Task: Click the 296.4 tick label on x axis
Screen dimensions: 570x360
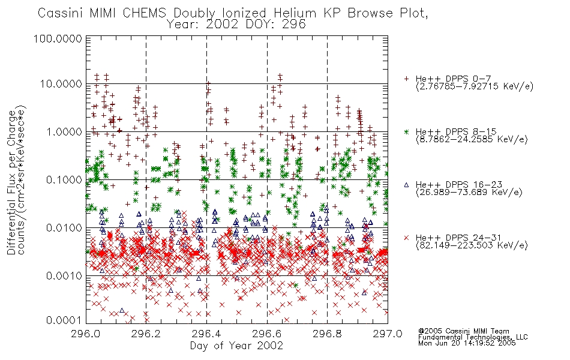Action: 206,334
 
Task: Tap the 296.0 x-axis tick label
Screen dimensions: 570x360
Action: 85,334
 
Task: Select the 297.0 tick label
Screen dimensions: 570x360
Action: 388,334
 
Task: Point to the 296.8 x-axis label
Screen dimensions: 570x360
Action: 327,334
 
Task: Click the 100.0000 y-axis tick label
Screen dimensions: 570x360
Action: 58,38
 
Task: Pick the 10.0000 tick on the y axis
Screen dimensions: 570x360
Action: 61,84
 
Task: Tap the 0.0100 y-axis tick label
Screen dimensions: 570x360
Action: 64,228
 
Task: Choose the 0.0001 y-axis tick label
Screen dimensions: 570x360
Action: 64,320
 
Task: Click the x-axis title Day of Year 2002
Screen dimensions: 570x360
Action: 236,346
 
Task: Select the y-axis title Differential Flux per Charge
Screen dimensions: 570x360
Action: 11,182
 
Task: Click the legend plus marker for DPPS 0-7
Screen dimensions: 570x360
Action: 406,79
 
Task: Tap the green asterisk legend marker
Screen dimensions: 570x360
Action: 406,131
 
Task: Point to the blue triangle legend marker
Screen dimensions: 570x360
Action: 406,185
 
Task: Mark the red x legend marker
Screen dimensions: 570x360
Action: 406,238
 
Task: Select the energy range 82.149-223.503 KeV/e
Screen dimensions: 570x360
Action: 472,245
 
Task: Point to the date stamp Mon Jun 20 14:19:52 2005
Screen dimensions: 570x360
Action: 467,343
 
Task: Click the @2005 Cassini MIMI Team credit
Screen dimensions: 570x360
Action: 463,331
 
